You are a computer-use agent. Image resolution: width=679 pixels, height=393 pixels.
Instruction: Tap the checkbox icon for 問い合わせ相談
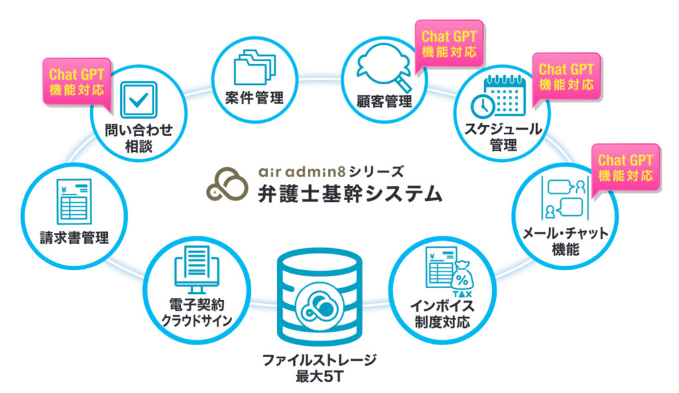click(x=139, y=100)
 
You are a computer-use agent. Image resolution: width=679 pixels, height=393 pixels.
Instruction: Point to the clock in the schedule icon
click(x=483, y=105)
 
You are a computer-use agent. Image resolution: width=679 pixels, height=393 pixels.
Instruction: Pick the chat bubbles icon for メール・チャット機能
click(x=565, y=198)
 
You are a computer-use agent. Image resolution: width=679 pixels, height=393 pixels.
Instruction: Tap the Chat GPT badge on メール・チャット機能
click(x=625, y=168)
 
